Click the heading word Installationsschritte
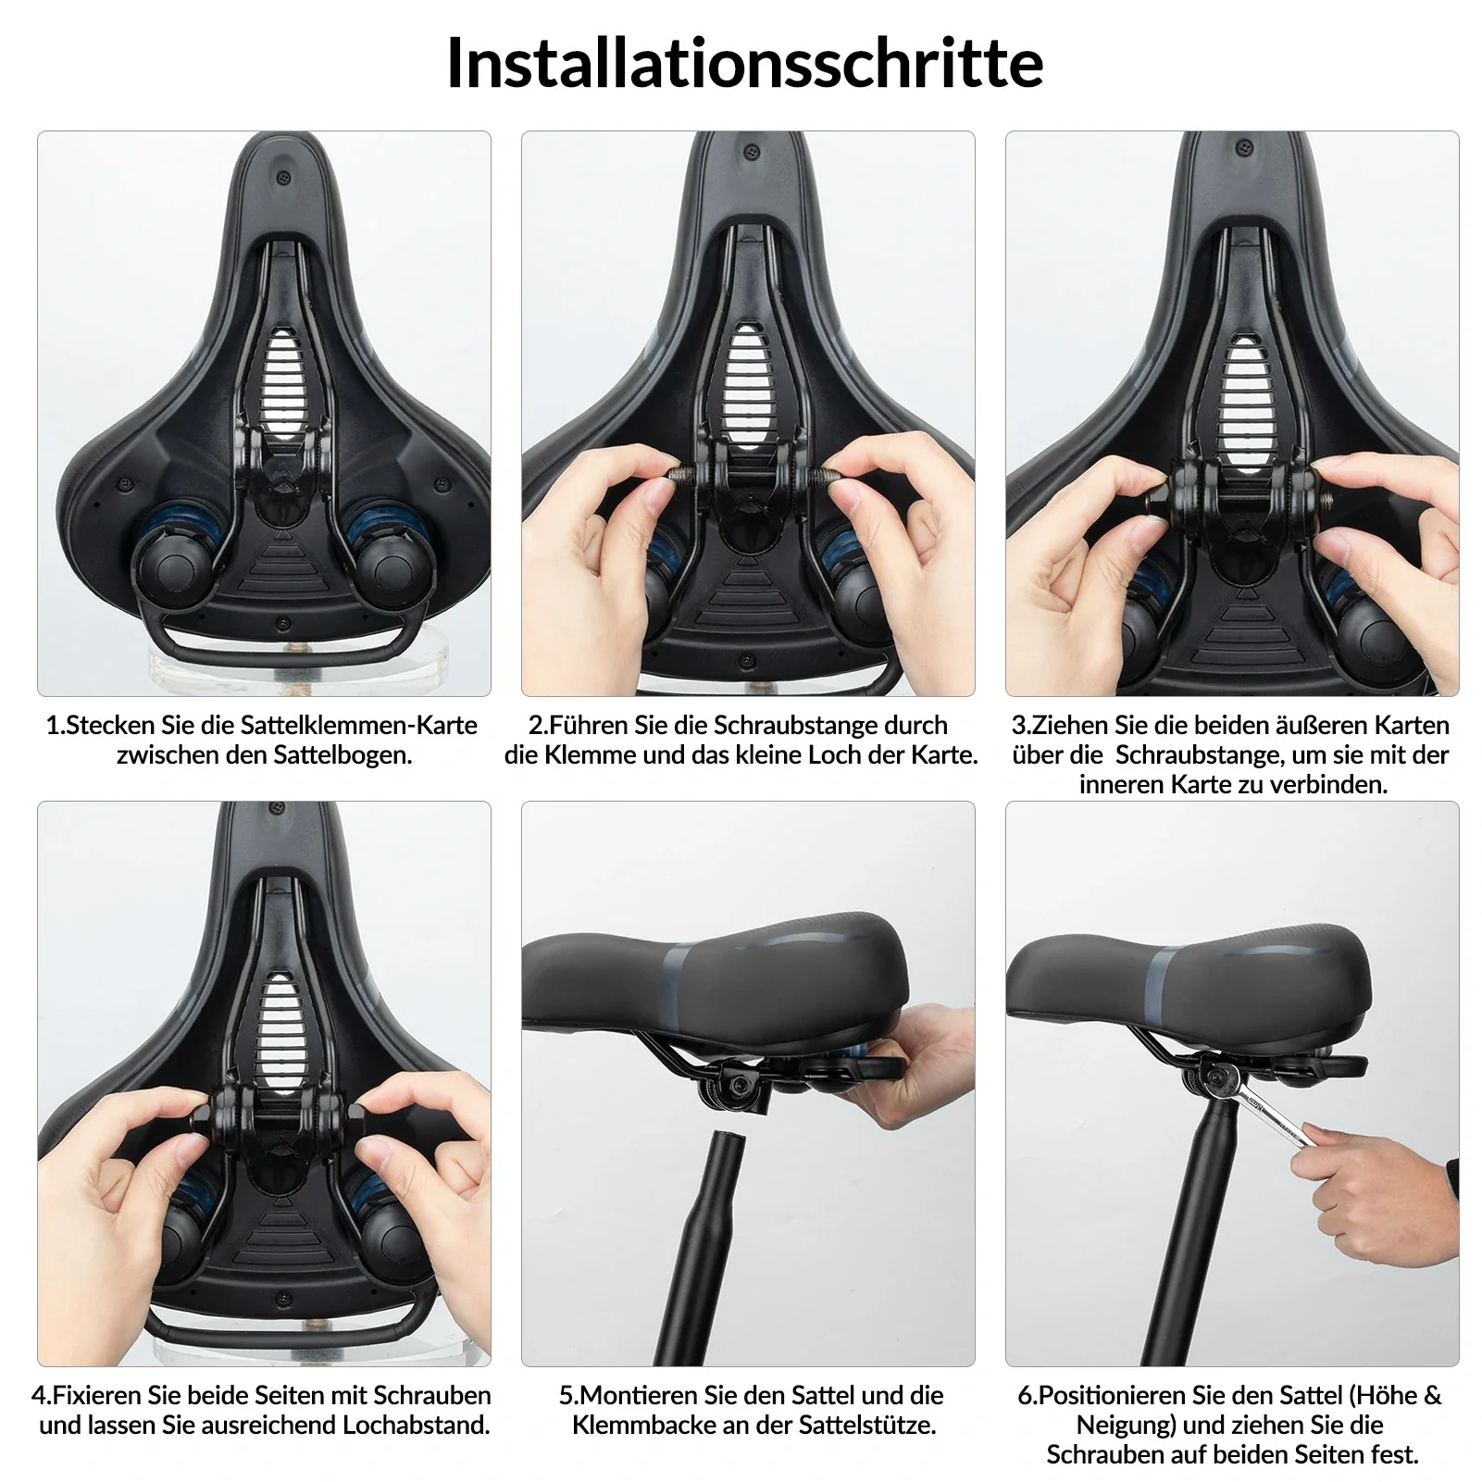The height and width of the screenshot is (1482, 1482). [744, 63]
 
